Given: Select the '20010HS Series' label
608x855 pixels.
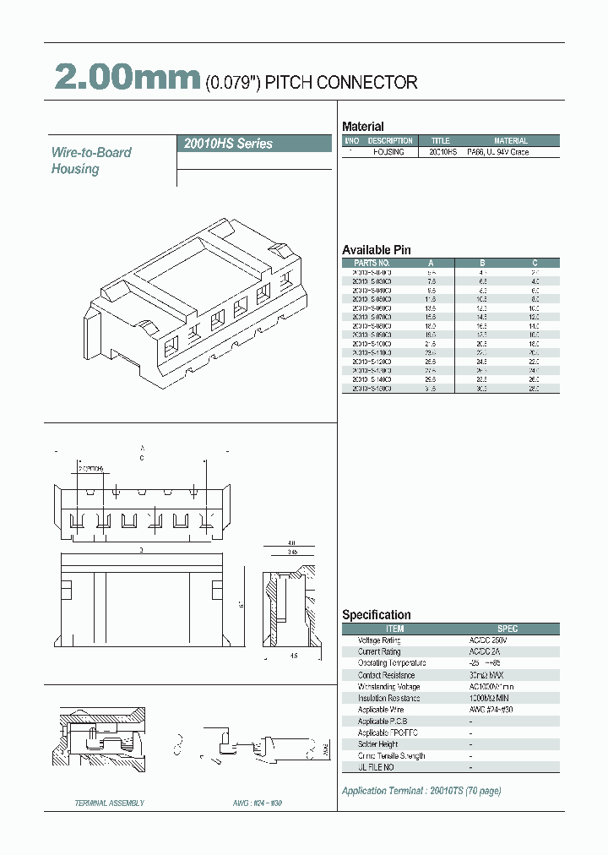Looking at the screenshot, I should [x=228, y=144].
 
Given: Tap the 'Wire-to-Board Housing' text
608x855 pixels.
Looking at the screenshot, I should [x=91, y=161].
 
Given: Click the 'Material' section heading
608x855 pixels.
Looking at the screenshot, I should [x=362, y=127].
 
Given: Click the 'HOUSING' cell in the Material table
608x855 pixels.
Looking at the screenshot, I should [x=389, y=152].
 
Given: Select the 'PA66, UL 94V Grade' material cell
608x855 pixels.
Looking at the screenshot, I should [x=497, y=152].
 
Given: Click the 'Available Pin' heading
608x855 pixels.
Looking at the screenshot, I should [x=376, y=250].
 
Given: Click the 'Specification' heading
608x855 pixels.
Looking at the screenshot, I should [x=376, y=615].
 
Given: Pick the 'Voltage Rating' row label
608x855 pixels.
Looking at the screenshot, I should [x=379, y=640].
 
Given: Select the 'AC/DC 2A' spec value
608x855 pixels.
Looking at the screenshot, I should [x=486, y=651].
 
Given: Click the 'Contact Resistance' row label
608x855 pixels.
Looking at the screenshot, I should [x=386, y=675].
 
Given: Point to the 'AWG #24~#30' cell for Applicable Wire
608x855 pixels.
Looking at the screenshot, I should [x=492, y=710].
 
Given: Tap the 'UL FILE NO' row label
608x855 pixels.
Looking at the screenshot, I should [x=377, y=767].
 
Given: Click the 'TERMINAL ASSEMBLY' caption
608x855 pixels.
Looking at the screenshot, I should [x=110, y=803].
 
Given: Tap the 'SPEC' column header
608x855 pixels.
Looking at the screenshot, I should [x=508, y=629].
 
